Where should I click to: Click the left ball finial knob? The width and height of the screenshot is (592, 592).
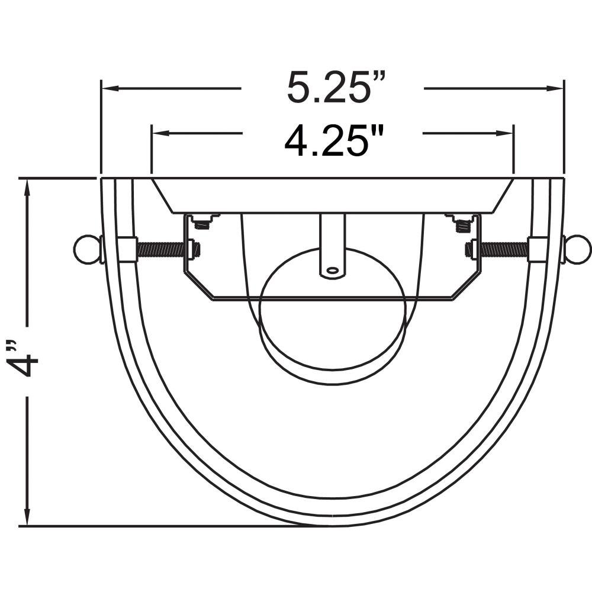pyautogui.click(x=85, y=249)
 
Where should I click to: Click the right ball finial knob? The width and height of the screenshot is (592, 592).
pyautogui.click(x=578, y=249)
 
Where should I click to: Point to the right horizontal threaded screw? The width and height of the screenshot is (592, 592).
pyautogui.click(x=505, y=249)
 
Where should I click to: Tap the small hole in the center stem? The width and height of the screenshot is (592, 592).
pyautogui.click(x=332, y=271)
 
